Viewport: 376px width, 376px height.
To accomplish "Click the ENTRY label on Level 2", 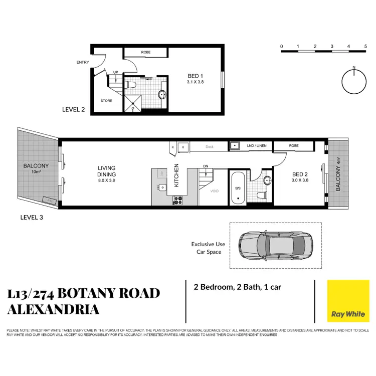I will (83, 63).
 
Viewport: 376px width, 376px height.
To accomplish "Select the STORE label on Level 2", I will (106, 101).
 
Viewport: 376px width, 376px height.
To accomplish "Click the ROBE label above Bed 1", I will (145, 52).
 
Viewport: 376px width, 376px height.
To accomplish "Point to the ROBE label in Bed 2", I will (294, 146).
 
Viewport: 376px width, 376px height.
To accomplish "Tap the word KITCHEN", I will (176, 175).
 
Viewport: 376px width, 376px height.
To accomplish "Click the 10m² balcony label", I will (36, 169).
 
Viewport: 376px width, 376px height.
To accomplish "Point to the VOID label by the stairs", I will (215, 191).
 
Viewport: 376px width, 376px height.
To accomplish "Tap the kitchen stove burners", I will (177, 200).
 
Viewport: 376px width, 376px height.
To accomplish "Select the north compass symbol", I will (354, 81).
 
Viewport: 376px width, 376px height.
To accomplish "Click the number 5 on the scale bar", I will (365, 47).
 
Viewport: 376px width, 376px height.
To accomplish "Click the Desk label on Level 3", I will (209, 146).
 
